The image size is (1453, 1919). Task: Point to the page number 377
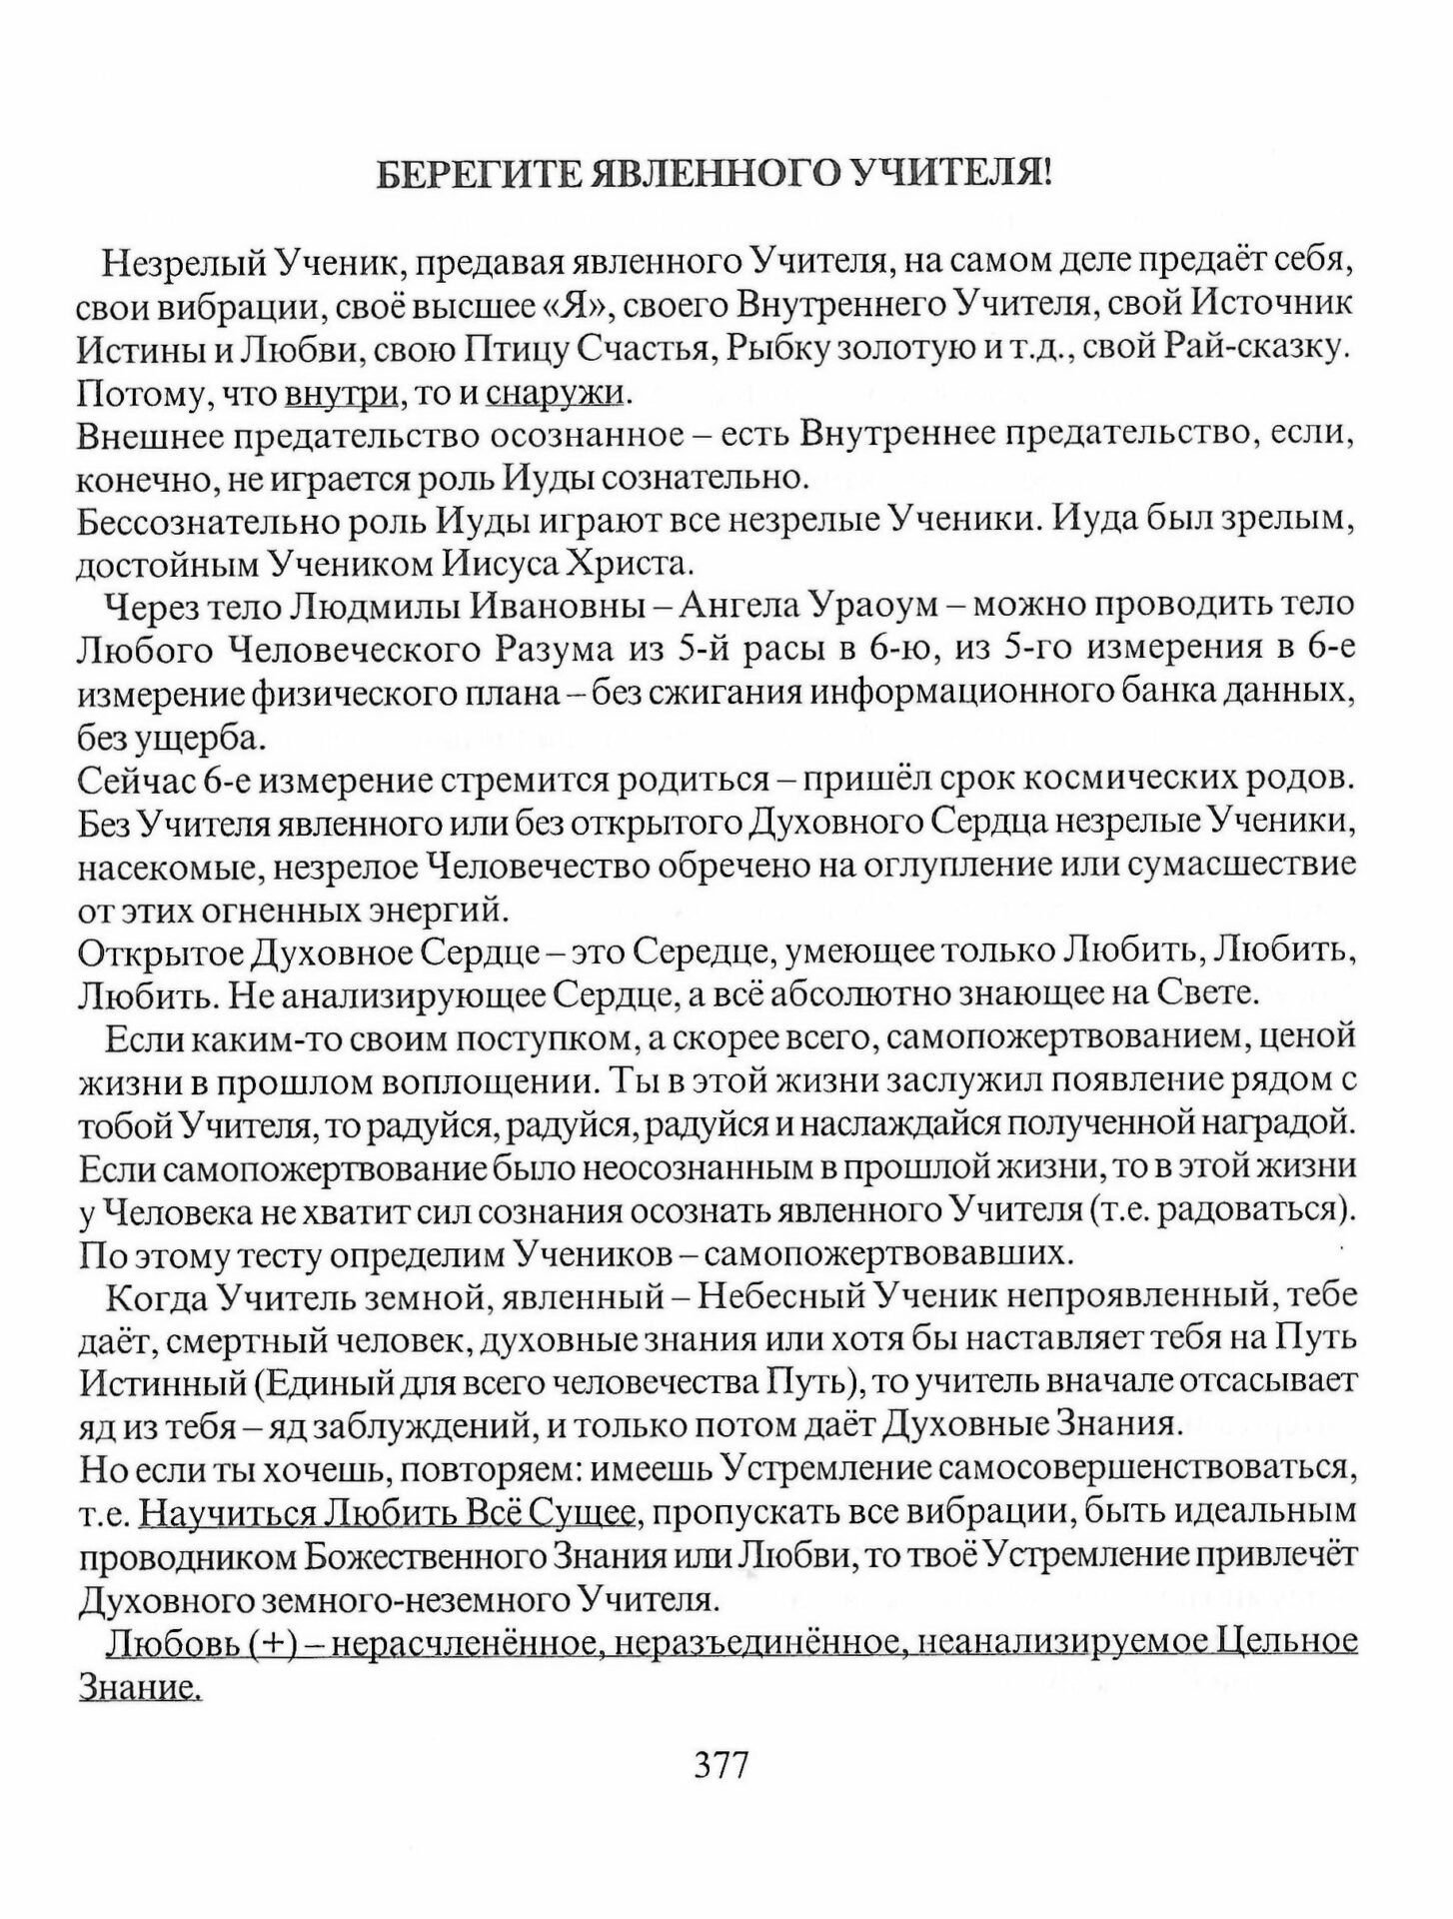[x=721, y=1766]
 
